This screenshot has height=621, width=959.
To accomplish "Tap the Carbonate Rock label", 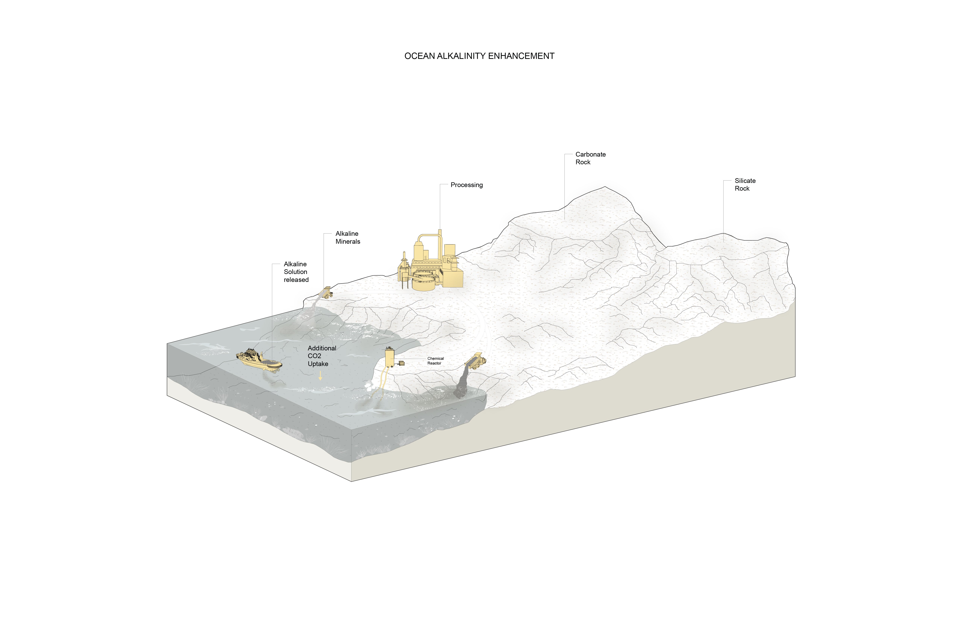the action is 590,158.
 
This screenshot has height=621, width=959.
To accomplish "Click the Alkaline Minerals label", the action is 347,237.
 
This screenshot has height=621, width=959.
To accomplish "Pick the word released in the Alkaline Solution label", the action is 296,280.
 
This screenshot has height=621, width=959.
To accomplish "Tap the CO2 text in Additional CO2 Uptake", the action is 314,356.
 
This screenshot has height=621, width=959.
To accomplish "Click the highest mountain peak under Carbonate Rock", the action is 604,188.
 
